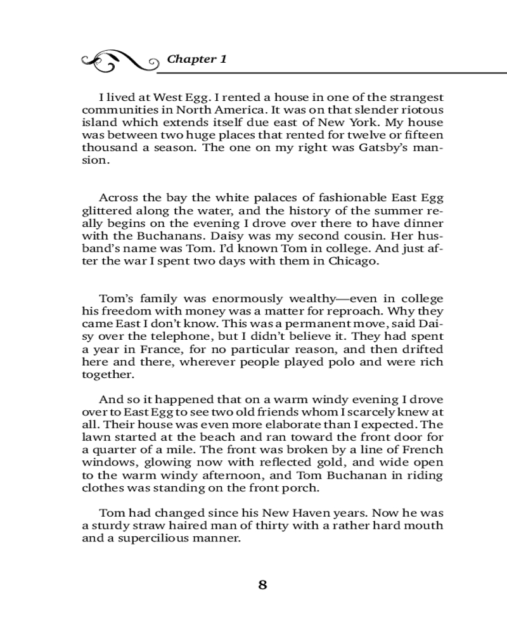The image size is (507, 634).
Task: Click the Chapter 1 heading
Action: tap(196, 59)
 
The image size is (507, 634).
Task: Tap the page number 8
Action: tap(263, 585)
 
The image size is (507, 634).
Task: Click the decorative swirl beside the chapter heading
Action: tap(120, 60)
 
